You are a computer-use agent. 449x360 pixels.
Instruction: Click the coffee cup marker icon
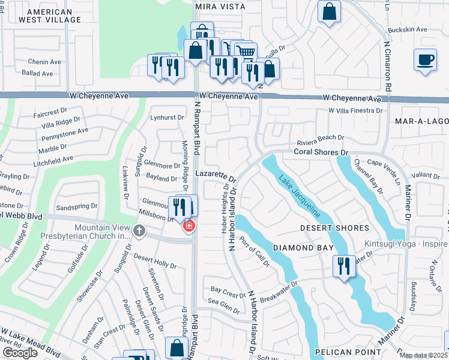425,60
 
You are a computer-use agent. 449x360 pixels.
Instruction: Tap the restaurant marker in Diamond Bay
344,266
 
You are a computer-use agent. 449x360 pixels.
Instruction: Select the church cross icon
139,230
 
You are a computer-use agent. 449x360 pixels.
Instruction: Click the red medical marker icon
188,226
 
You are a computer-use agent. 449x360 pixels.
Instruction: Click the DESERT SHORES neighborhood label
334,228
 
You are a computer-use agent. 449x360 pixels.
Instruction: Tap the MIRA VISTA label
220,6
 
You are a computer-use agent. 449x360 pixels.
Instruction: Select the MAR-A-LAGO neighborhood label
421,121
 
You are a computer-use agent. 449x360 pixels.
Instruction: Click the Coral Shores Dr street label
321,152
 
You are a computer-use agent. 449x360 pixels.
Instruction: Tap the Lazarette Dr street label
216,175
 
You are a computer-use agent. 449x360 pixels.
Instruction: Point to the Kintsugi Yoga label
406,244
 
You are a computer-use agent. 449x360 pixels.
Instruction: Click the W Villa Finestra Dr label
355,111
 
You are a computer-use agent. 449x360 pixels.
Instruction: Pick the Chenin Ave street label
45,61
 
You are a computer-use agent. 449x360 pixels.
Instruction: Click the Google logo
20,352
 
